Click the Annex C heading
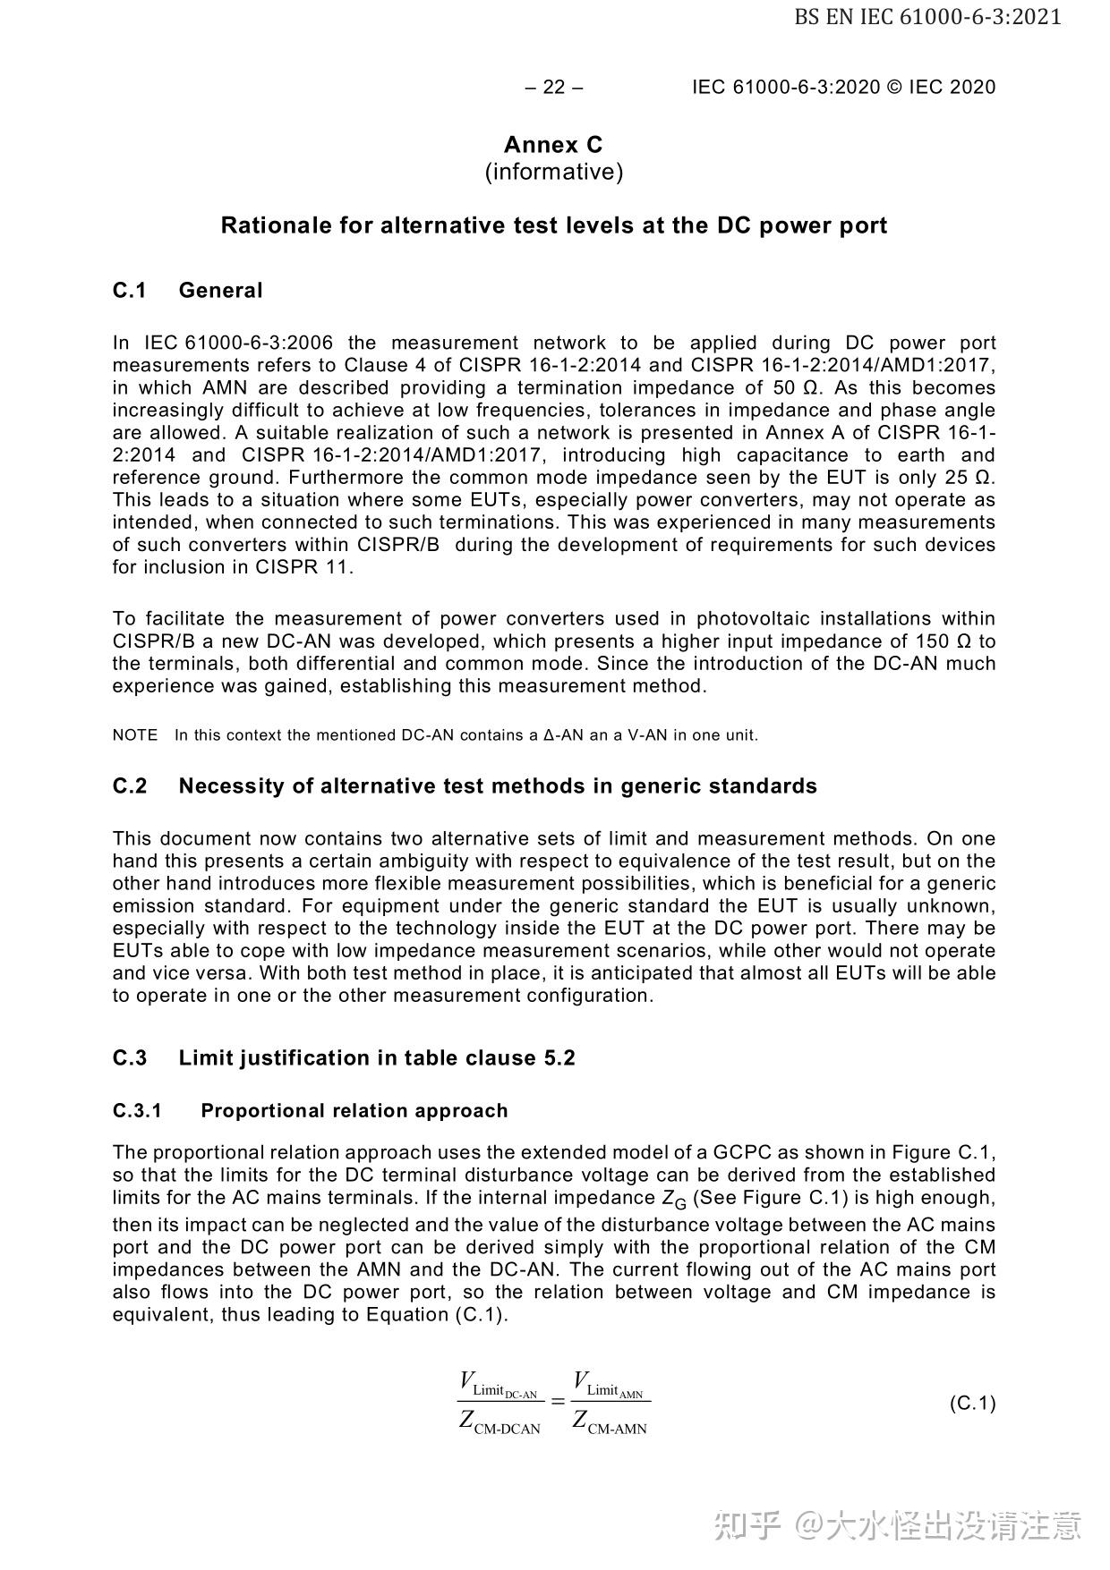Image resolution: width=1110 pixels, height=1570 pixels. pos(553,145)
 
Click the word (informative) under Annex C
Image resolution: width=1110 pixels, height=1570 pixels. pos(553,172)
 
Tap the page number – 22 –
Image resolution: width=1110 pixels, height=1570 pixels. pos(554,87)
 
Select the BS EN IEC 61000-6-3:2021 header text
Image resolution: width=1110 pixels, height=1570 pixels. pos(927,16)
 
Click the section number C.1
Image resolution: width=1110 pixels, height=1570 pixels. pos(129,291)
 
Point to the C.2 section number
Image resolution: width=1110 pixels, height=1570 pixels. pos(129,786)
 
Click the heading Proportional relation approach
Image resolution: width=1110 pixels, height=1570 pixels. pos(354,1111)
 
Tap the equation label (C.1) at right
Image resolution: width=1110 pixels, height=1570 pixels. pos(972,1403)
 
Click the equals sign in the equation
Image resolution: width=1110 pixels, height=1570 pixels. pos(559,1401)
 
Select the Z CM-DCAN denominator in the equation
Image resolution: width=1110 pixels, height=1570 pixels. pos(499,1421)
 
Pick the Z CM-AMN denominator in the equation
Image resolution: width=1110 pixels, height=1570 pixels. pos(610,1421)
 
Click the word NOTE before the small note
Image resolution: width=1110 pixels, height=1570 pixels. pos(134,735)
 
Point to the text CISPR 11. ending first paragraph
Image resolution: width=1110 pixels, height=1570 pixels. pos(304,567)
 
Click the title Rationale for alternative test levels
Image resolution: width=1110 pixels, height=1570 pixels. pos(553,225)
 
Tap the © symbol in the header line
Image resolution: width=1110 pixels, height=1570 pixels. pos(894,87)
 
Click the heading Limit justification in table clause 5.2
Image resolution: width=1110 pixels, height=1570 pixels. pos(376,1058)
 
